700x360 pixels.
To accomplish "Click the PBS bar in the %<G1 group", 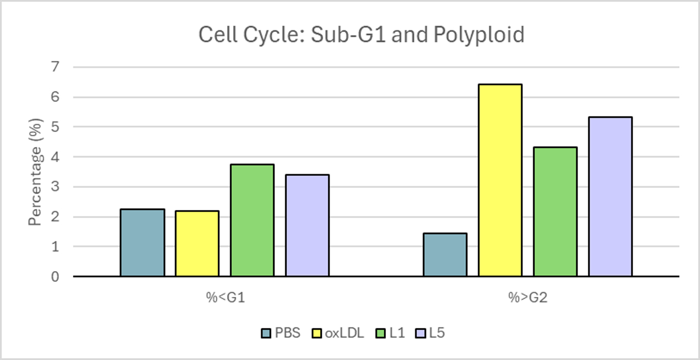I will click(142, 243).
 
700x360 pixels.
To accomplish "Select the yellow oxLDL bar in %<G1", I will click(197, 243).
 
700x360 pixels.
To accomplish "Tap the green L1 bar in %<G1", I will click(252, 220).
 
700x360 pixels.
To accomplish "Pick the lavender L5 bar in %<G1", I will click(307, 225).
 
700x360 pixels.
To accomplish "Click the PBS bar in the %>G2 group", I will click(445, 255).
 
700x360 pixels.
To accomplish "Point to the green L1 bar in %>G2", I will click(555, 212).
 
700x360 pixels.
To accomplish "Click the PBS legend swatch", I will click(266, 333).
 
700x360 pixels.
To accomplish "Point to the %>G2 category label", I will click(527, 298).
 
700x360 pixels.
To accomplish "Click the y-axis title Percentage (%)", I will click(36, 171).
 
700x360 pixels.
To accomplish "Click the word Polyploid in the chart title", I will click(478, 35).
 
